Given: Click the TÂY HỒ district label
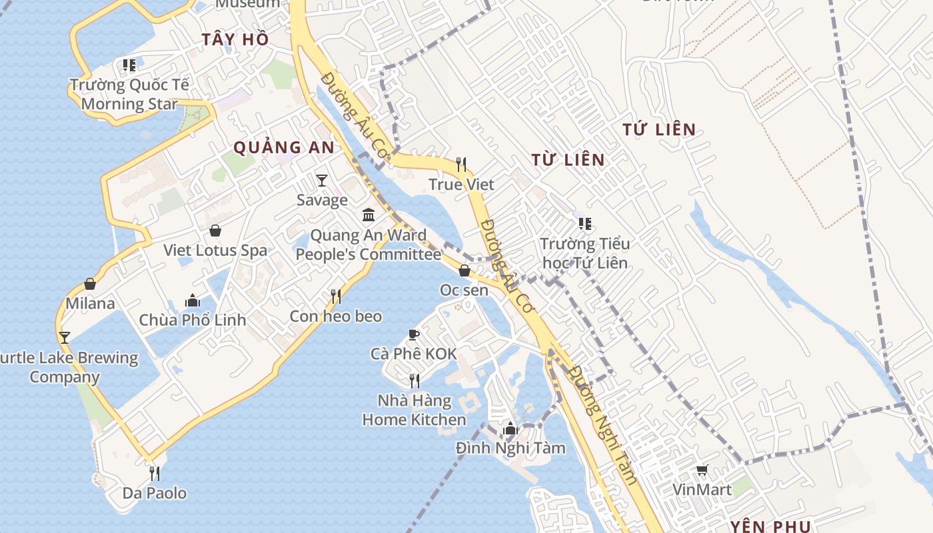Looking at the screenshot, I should (235, 39).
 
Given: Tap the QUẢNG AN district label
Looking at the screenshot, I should (283, 148).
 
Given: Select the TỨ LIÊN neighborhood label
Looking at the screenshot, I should (659, 130).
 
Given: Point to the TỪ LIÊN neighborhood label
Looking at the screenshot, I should (568, 160).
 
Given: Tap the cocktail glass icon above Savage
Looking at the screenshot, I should (322, 180).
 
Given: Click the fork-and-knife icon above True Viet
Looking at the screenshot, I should (461, 164).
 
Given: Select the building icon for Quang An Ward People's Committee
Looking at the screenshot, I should (369, 215).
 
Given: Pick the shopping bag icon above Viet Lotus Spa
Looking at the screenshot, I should (215, 231).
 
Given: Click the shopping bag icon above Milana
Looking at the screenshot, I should (90, 284).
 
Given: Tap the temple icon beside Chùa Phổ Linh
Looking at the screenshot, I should (193, 300).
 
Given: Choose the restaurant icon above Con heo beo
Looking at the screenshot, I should (336, 296).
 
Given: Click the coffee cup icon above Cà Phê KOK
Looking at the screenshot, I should (414, 334).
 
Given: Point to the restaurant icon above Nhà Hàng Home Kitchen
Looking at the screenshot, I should (414, 380).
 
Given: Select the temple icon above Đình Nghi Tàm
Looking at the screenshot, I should (510, 428).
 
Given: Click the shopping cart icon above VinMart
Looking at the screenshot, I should (702, 471).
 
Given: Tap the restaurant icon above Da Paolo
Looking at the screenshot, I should (155, 474).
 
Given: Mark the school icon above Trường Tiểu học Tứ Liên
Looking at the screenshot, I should (584, 224).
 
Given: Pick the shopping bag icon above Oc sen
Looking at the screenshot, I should (465, 270).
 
